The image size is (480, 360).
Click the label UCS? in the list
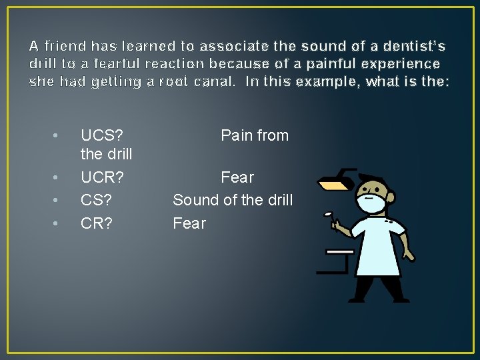[101, 135]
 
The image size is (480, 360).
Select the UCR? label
[102, 177]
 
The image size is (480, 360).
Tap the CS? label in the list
[97, 200]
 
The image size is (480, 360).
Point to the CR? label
[97, 223]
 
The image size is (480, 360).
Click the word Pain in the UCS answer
[237, 135]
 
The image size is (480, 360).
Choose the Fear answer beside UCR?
[237, 177]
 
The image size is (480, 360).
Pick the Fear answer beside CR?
[189, 223]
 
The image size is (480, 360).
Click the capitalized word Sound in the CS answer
[194, 200]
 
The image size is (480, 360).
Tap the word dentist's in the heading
[413, 47]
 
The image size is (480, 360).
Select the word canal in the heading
[214, 81]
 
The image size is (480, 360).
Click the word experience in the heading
[401, 64]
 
